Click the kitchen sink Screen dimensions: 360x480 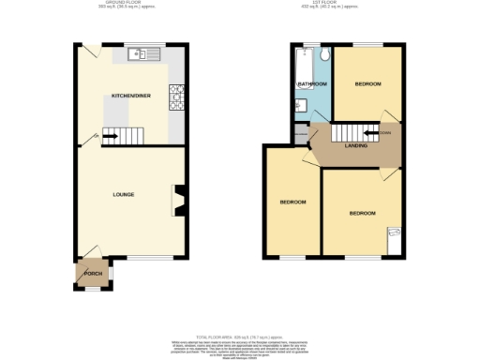coord(145,54)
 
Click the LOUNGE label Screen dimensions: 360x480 coord(124,195)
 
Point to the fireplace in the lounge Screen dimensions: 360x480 coord(176,201)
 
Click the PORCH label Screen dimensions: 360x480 coord(93,273)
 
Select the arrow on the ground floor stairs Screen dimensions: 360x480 coord(111,136)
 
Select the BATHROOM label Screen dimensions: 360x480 coord(312,84)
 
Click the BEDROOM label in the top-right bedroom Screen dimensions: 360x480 coord(367,84)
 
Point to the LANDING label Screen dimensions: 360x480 coord(355,145)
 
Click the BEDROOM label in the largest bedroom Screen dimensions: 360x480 coord(363,213)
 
